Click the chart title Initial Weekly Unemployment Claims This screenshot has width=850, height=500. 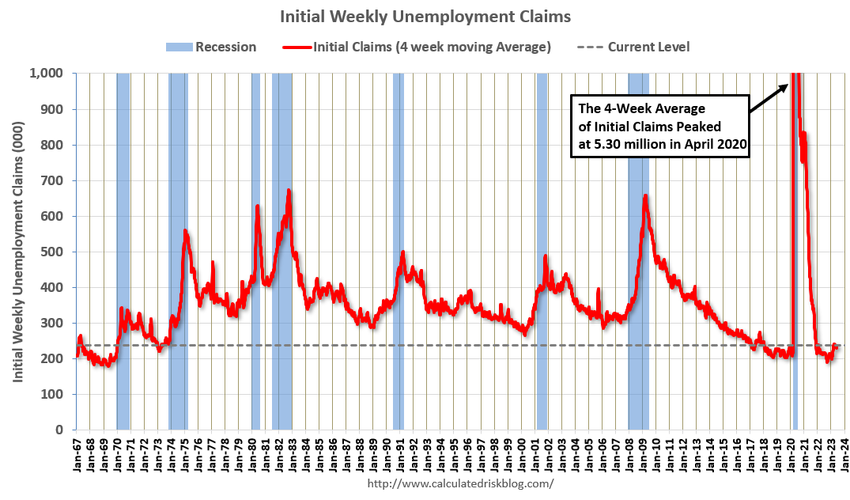tap(425, 17)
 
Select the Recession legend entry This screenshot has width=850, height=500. tap(211, 47)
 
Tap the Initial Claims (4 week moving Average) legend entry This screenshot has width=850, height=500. tap(417, 47)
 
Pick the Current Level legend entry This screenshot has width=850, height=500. tap(633, 47)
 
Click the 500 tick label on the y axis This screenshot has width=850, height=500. tap(53, 252)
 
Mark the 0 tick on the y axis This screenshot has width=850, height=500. tap(59, 430)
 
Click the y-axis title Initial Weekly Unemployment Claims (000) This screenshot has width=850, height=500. tap(18, 252)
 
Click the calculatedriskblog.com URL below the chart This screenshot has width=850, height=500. tap(461, 483)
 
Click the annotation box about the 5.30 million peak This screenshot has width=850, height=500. tap(660, 126)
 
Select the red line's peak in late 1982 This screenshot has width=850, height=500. tap(289, 190)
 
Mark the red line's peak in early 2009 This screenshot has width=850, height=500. tap(645, 195)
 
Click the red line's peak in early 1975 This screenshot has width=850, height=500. tap(185, 230)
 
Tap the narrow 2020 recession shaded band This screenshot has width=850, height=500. tap(795, 251)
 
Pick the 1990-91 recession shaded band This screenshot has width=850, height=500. tap(399, 251)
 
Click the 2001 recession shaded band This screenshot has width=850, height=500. tap(542, 251)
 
